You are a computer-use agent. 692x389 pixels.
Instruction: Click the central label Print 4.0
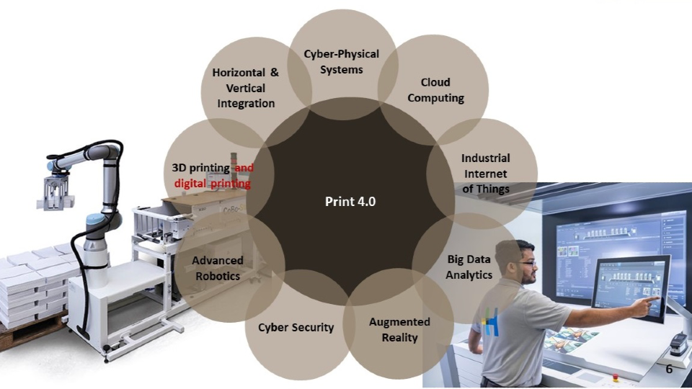(350, 201)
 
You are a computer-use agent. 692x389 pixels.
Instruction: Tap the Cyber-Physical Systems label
(341, 62)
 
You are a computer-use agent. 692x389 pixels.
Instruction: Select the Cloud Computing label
(435, 90)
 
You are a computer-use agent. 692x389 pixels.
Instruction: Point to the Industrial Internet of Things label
(485, 174)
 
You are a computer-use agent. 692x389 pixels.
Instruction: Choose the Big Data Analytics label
(469, 267)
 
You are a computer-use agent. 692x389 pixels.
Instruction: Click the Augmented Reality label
(399, 329)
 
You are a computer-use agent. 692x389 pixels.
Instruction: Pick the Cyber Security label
(296, 327)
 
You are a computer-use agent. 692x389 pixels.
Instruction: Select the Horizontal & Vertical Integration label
(246, 88)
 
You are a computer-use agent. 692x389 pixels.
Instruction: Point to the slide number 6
(669, 368)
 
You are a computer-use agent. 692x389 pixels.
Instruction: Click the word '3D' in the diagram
(180, 168)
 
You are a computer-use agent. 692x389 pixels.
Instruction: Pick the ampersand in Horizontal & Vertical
(274, 73)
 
